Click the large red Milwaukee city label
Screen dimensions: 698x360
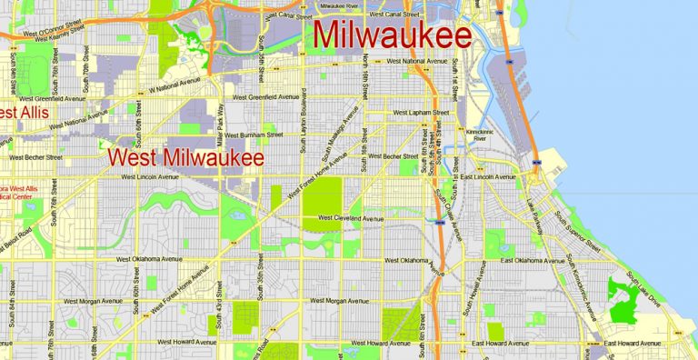tap(392, 36)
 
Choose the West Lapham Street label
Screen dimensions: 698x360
tap(421, 113)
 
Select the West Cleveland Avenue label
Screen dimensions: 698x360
tap(351, 218)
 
